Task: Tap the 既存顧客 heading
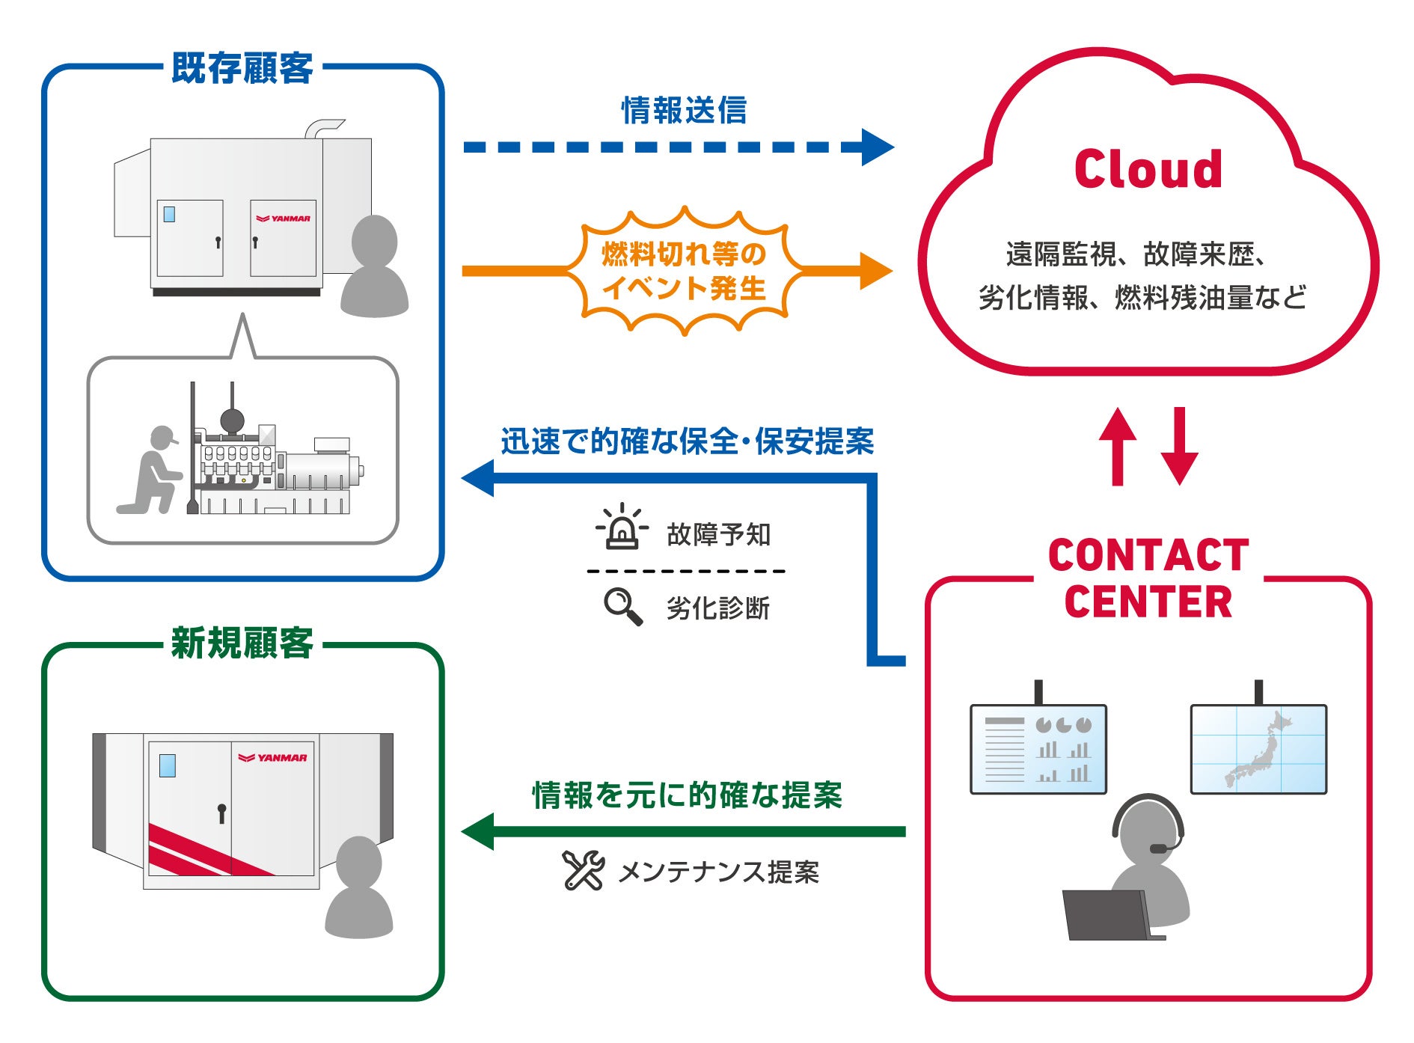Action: pos(242,68)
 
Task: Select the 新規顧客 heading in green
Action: pos(242,643)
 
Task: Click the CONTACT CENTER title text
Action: pos(1148,578)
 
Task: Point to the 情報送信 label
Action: pos(684,110)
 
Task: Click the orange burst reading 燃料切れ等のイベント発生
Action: pos(684,271)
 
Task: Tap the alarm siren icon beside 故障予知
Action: pos(622,528)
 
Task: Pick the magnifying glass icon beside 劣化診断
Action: pos(623,607)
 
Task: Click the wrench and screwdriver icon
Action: pos(583,870)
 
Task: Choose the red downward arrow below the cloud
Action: pos(1180,447)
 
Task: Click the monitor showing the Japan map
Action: pos(1258,749)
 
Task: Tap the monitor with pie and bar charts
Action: pos(1038,749)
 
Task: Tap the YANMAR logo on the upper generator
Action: pos(283,218)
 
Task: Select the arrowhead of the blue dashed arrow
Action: pos(877,147)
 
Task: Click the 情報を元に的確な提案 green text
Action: pos(687,795)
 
